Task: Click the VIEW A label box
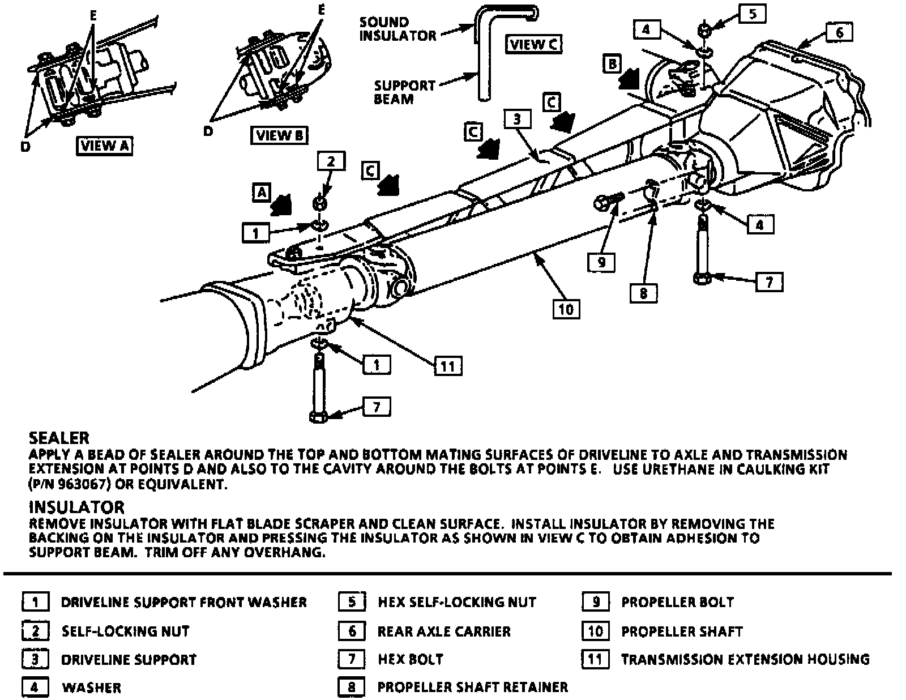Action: [105, 146]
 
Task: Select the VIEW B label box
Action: [280, 135]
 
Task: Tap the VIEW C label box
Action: [534, 44]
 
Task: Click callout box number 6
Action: [839, 32]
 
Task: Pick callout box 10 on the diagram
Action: [566, 309]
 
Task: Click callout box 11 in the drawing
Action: [448, 366]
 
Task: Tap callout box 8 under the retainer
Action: [643, 293]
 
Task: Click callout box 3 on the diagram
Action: [517, 119]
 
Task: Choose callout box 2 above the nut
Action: [331, 161]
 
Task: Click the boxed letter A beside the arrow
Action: [261, 193]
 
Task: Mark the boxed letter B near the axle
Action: [612, 63]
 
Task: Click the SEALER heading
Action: [59, 438]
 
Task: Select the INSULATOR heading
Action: [76, 507]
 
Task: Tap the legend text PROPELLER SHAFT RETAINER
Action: [472, 687]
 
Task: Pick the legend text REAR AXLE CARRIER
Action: [444, 631]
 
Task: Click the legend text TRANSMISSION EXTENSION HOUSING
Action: [745, 659]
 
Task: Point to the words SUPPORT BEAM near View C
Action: [404, 92]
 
